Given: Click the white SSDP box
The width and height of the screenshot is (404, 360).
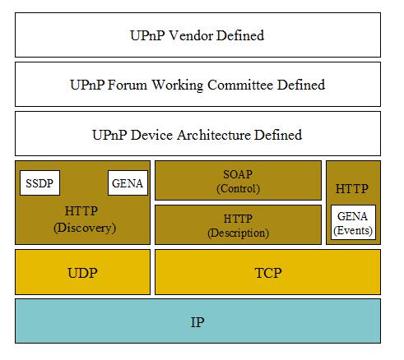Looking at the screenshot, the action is pos(39,182).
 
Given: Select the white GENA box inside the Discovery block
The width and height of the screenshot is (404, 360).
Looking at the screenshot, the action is pos(128,182).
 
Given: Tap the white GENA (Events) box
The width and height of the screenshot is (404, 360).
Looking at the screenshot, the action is pos(353,222).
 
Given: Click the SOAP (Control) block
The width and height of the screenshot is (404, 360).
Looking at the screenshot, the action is pos(238,180).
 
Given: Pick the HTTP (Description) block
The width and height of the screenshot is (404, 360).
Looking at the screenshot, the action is pos(238,224).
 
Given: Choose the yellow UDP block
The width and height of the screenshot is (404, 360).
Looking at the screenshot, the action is pos(82,272).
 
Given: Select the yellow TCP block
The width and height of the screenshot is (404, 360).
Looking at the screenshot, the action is pos(267,272).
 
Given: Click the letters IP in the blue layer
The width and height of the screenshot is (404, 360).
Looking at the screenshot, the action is pos(197,322).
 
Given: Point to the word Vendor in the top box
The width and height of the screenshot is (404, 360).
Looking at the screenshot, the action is pos(191,35).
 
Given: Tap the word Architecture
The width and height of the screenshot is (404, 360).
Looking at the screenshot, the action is pos(214,135).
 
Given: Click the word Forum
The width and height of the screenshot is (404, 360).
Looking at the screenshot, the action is pos(128,85).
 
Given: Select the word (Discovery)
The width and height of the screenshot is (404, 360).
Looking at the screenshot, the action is pos(85,228).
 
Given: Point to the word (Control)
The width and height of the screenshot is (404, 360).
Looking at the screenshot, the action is pos(239,188).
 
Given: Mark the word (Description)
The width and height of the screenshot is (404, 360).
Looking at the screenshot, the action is pos(238,233).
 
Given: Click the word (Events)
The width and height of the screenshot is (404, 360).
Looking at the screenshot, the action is pos(353,230).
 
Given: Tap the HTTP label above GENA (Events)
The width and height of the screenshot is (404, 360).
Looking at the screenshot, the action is pos(352,189).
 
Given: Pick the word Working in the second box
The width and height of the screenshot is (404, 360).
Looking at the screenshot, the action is pos(178,85).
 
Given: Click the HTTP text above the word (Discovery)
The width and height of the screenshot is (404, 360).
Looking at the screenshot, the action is pos(81,211).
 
